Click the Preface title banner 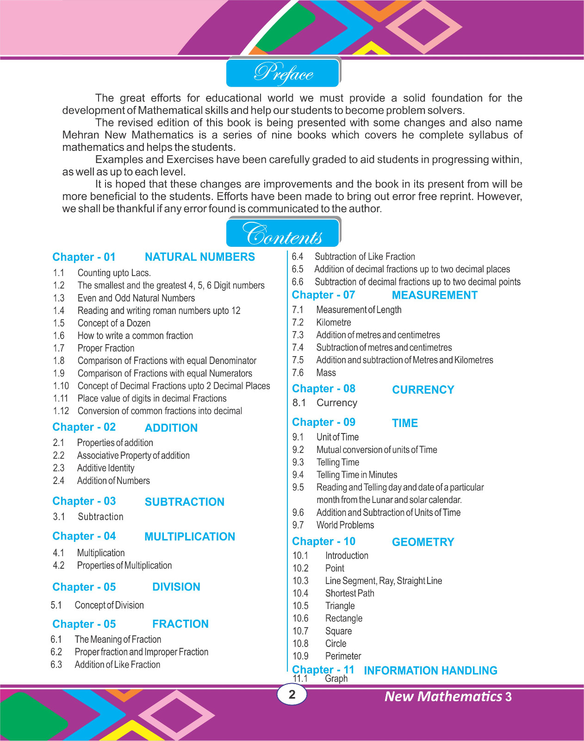pos(283,73)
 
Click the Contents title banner pos(283,233)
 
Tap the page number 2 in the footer pos(292,694)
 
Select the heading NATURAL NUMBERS pos(199,257)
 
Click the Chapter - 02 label pos(84,427)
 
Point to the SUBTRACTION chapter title pos(184,502)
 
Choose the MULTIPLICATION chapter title pos(190,537)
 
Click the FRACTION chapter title pos(180,624)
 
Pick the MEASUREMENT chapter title pos(435,295)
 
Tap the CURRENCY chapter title pos(423,390)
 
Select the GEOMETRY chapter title pos(423,542)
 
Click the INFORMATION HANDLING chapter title pos(430,671)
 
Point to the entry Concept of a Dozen pos(114,323)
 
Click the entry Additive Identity pos(106,468)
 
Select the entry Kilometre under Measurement pos(334,322)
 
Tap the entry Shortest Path pos(349,593)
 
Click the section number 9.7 pos(298,525)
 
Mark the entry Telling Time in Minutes pos(357,475)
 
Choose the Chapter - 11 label pos(323,670)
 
